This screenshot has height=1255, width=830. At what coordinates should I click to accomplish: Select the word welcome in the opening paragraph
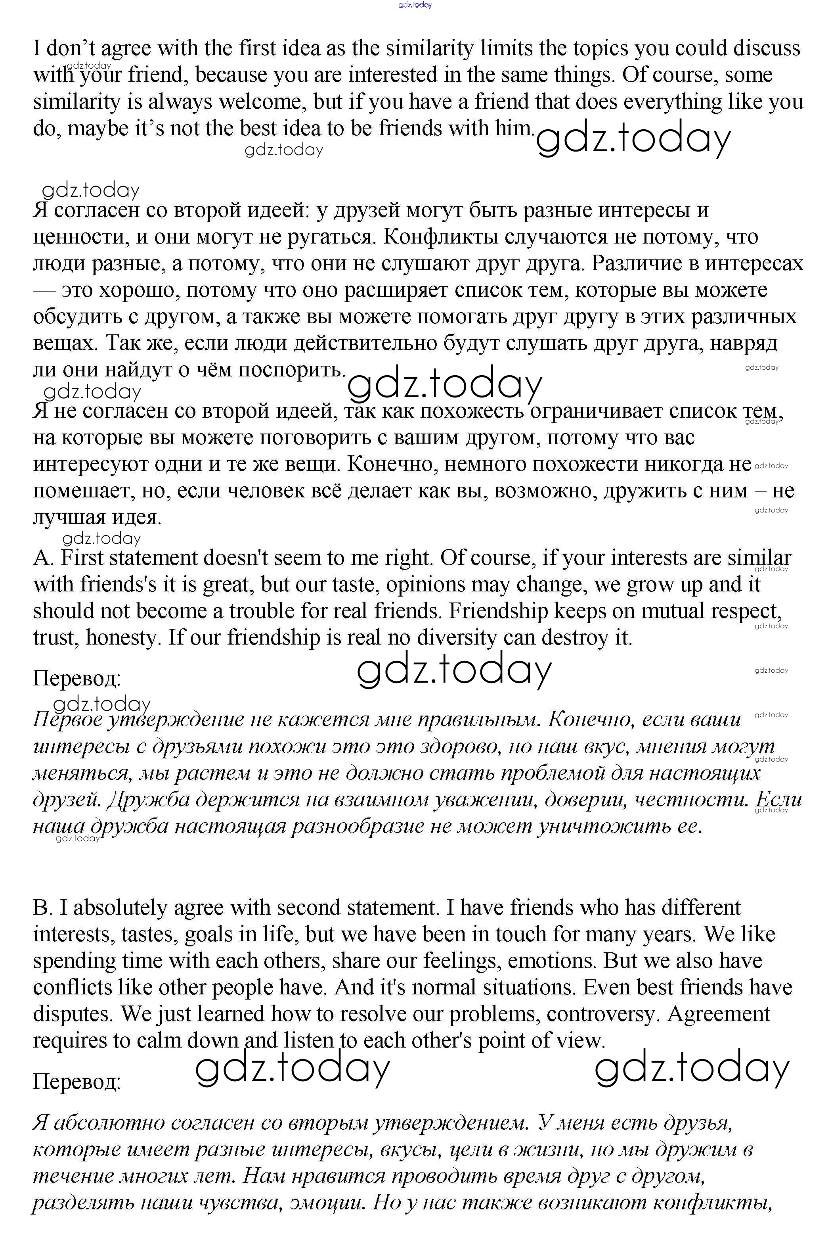(x=262, y=102)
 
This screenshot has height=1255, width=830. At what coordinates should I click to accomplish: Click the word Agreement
(x=718, y=1014)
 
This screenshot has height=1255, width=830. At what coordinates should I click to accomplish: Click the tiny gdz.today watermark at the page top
(x=415, y=5)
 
